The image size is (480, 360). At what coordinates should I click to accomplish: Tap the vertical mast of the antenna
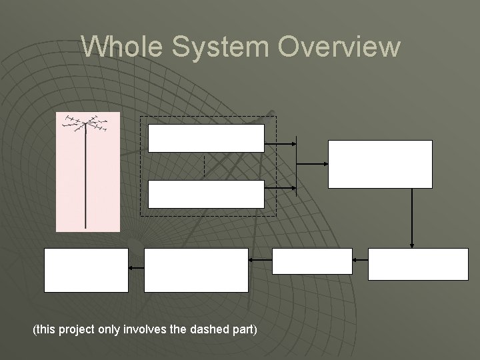(x=86, y=180)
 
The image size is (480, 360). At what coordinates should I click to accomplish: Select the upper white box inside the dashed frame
(x=206, y=138)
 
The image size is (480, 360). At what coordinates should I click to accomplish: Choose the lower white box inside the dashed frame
(x=206, y=194)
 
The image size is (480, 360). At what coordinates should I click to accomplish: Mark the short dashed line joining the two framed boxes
(x=204, y=166)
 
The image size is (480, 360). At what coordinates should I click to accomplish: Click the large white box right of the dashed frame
(x=380, y=164)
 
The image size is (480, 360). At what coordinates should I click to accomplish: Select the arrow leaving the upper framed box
(x=280, y=143)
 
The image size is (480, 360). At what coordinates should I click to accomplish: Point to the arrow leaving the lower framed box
(x=280, y=189)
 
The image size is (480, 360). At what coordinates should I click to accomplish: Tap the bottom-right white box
(x=419, y=264)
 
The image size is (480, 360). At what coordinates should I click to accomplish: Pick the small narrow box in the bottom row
(x=312, y=261)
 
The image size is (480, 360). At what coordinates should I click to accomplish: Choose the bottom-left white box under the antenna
(x=86, y=270)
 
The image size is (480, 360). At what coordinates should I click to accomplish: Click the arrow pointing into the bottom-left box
(x=136, y=267)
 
